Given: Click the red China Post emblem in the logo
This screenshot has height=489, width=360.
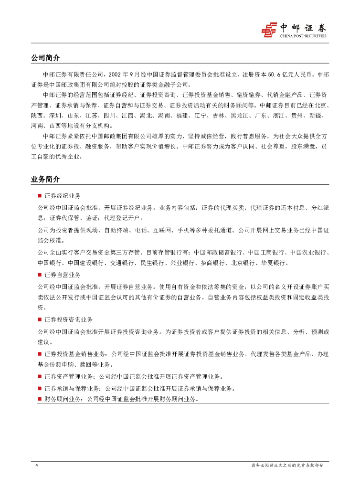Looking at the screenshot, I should click(269, 29).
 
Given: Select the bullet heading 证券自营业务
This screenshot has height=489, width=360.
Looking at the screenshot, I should click(62, 275).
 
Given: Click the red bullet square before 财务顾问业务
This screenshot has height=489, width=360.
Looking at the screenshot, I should click(40, 399).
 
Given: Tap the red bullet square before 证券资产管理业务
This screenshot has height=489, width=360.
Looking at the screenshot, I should click(40, 376).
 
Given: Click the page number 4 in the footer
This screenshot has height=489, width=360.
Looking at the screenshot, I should click(37, 465).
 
